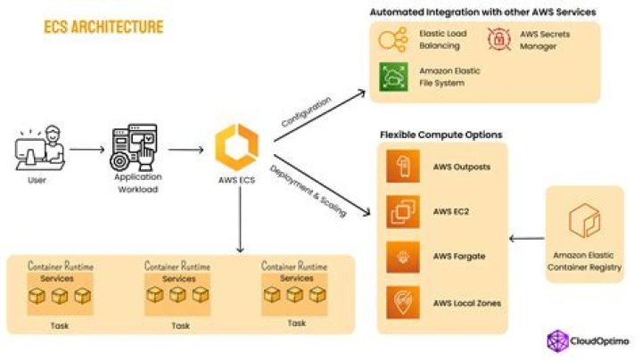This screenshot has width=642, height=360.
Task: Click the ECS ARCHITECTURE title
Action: pyautogui.click(x=103, y=28)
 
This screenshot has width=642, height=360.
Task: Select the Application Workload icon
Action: pyautogui.click(x=136, y=148)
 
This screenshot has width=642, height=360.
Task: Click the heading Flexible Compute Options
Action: pyautogui.click(x=441, y=135)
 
